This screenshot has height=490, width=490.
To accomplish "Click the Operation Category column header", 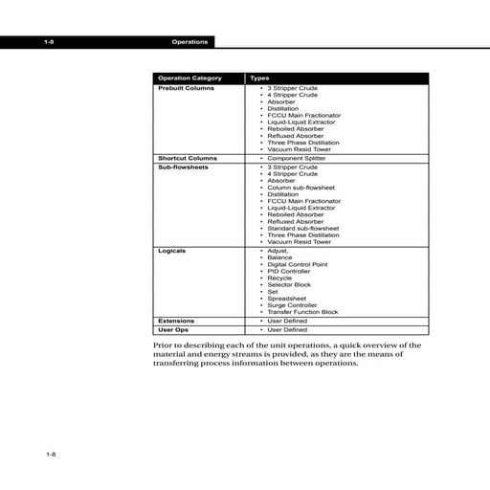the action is tap(189, 78).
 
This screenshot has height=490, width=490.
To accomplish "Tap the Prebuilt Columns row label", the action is tap(186, 88).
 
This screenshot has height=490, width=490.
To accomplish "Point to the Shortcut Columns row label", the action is tap(187, 158).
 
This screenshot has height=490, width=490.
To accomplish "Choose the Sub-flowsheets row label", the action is tap(183, 167).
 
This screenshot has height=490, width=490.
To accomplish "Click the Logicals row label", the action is tap(171, 250).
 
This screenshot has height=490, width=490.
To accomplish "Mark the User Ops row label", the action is tap(173, 329).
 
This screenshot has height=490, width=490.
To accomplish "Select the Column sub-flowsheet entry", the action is tap(303, 187).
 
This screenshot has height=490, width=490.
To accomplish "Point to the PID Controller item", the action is tap(292, 271).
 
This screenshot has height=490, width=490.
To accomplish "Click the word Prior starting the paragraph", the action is tap(165, 344).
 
